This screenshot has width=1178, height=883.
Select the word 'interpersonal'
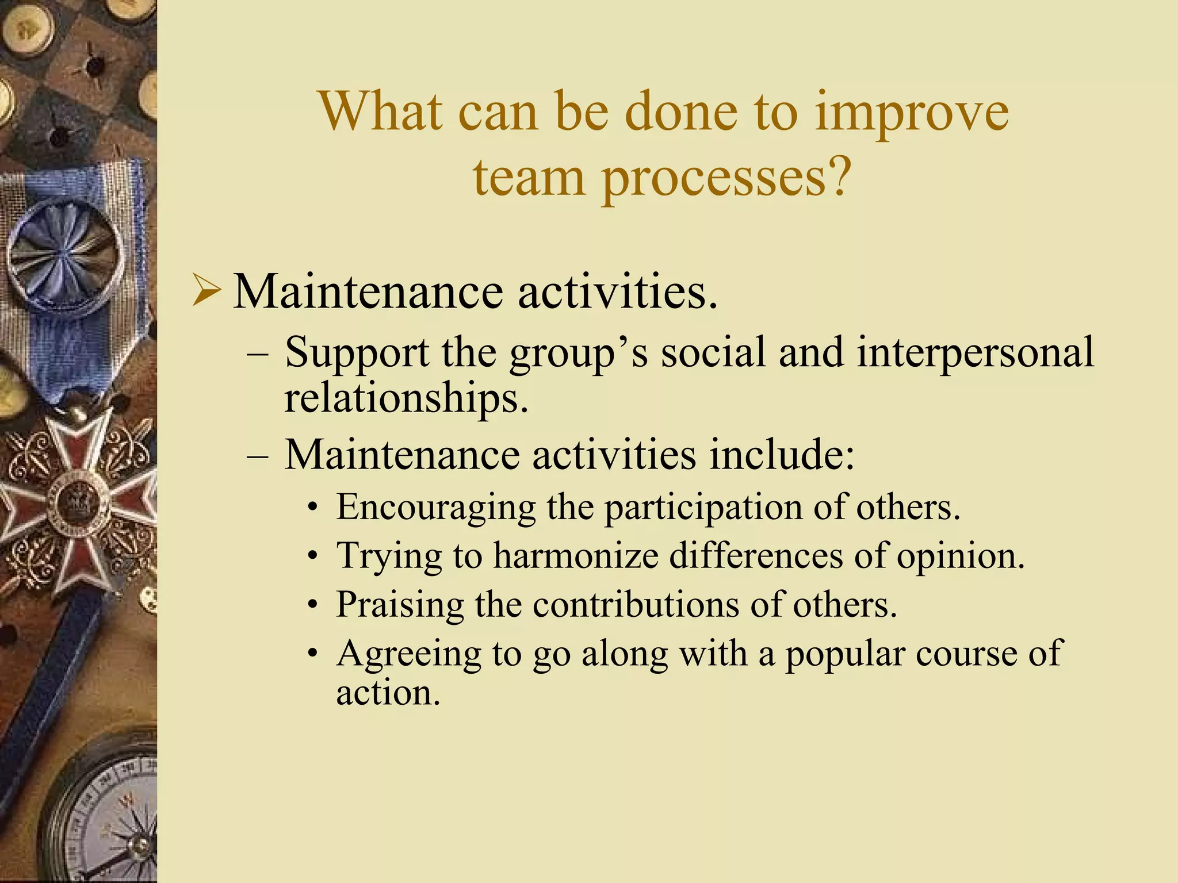point(975,352)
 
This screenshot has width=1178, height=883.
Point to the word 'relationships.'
point(406,398)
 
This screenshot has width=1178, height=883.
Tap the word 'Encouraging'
point(436,508)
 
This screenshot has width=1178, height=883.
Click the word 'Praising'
point(400,605)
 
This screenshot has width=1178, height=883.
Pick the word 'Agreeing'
point(408,654)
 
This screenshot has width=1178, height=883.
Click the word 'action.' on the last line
point(388,693)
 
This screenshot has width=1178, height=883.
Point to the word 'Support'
point(357,352)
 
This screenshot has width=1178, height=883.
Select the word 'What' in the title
point(381,112)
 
